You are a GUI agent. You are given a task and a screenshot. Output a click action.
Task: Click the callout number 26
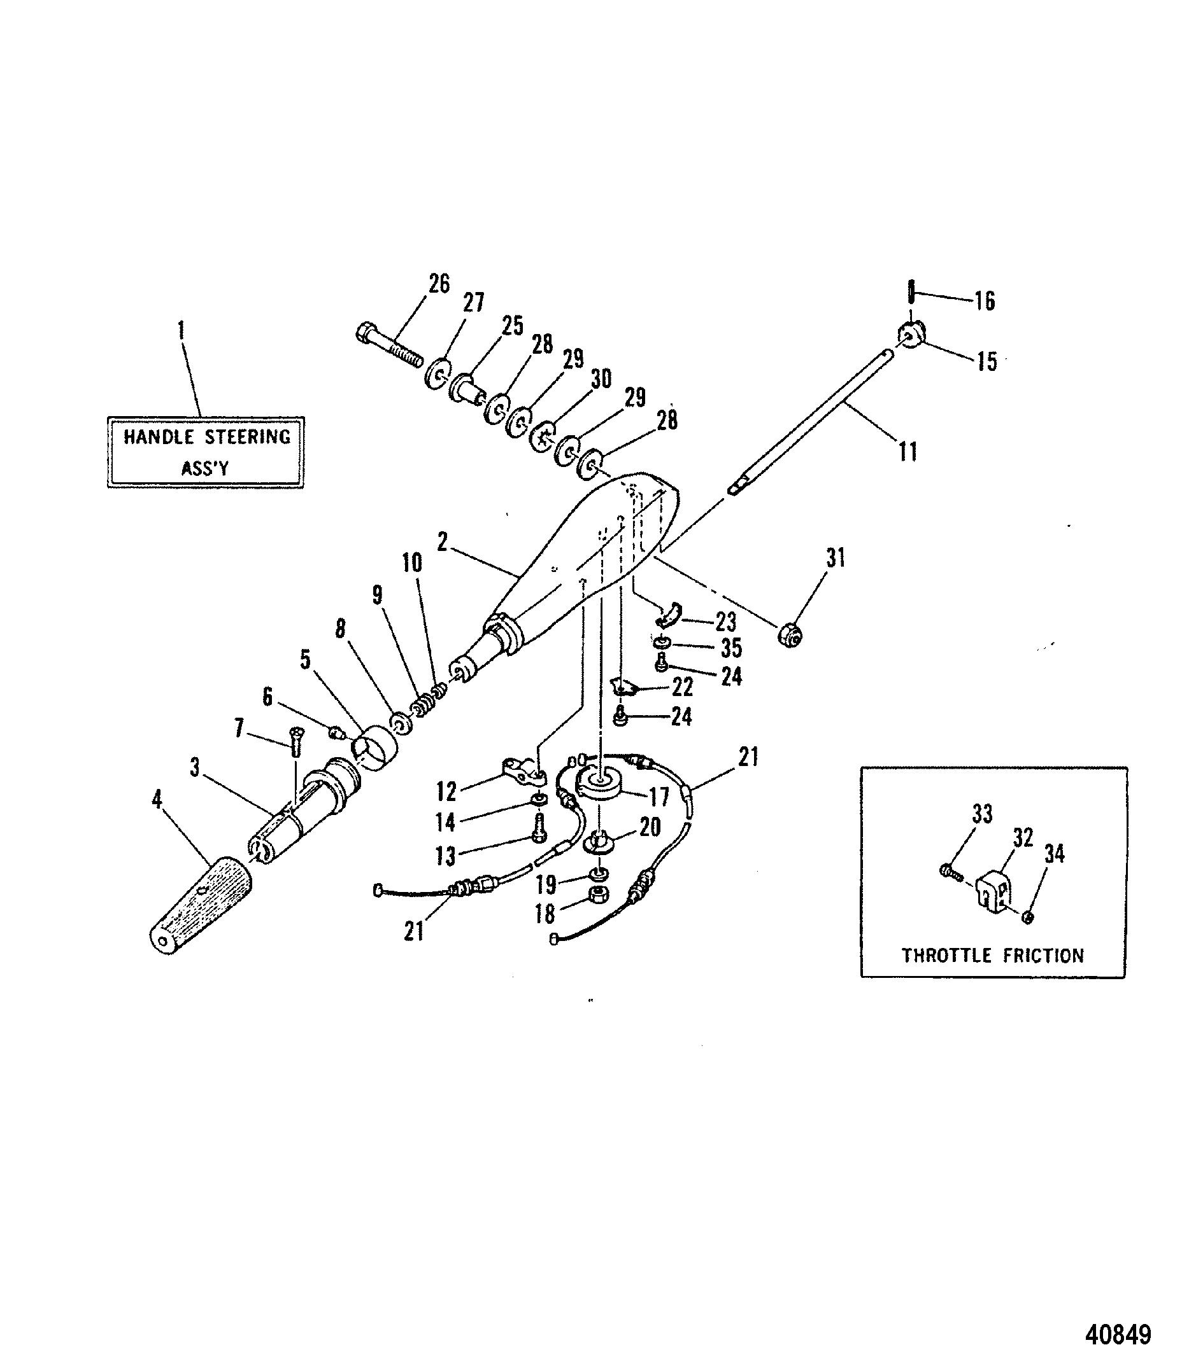click(x=439, y=284)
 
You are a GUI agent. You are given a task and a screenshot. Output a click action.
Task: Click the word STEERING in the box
click(x=246, y=436)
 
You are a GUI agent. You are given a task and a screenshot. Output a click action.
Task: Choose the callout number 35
click(x=731, y=648)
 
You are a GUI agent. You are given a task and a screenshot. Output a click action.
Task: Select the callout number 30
click(x=601, y=379)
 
